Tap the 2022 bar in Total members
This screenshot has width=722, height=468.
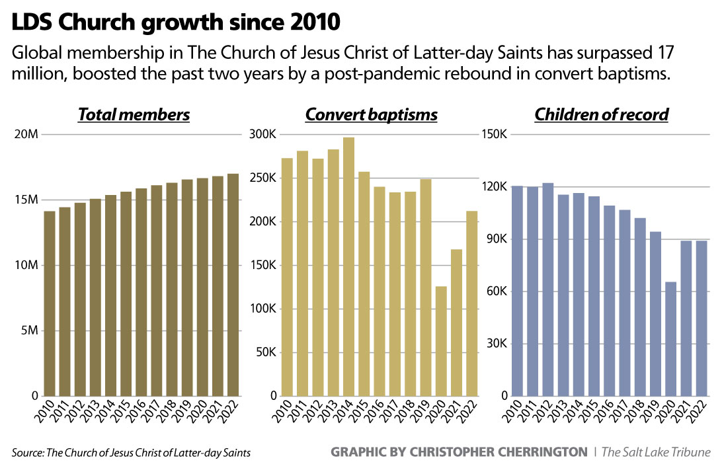click(233, 285)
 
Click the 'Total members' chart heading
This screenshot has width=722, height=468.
click(134, 114)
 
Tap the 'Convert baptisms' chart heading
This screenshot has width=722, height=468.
click(371, 114)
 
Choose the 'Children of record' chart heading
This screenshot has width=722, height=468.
click(601, 114)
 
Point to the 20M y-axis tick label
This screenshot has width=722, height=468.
click(26, 135)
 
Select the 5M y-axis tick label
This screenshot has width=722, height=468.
click(29, 331)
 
